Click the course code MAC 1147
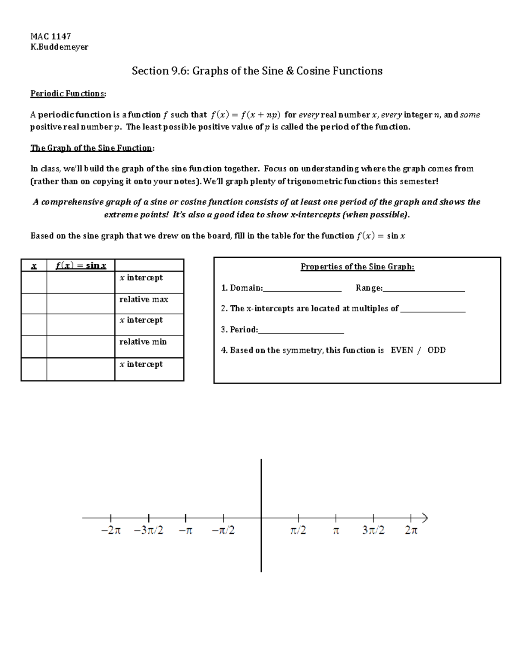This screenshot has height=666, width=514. [x=51, y=36]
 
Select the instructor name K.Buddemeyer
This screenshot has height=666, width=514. [x=59, y=47]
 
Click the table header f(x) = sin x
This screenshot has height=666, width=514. [x=81, y=265]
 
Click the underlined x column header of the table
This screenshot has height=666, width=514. [x=34, y=265]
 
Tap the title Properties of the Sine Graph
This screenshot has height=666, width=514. [x=357, y=267]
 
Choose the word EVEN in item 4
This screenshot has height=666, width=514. [x=402, y=350]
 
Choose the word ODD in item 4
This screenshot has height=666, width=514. [x=436, y=350]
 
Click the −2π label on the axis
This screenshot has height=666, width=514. [x=111, y=530]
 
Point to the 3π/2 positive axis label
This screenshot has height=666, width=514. [x=373, y=530]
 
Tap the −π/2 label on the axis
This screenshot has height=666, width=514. [x=223, y=530]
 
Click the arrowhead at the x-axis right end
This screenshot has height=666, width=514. [x=424, y=518]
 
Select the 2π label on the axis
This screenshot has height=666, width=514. [x=411, y=530]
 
